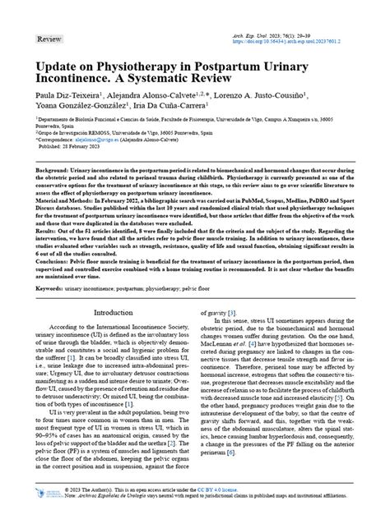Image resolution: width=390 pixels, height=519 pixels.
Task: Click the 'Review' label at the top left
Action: point(49,39)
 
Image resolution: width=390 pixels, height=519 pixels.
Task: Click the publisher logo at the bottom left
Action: point(50,498)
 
